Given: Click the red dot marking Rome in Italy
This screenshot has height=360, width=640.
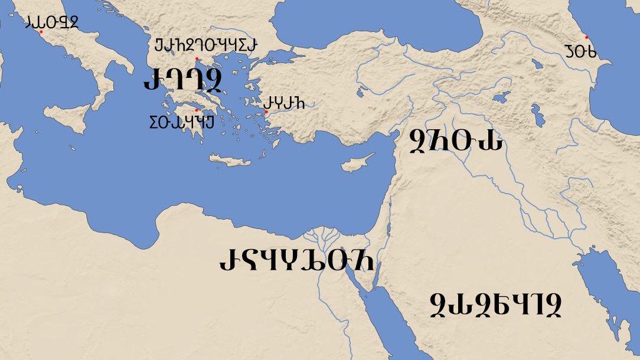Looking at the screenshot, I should tap(41, 32).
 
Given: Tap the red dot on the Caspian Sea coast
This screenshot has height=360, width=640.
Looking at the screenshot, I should tap(586, 37).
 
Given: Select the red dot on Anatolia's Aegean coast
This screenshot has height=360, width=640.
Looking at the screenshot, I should tap(266, 112).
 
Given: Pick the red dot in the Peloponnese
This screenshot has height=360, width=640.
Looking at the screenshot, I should tap(197, 110).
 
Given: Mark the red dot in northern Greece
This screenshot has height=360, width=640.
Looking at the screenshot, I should tap(197, 58).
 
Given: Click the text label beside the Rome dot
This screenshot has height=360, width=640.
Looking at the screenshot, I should tap(52, 22).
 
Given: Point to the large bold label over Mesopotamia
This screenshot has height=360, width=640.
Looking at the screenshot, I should tap(456, 142).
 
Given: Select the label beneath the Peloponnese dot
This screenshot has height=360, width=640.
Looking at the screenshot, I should tap(181, 123).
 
